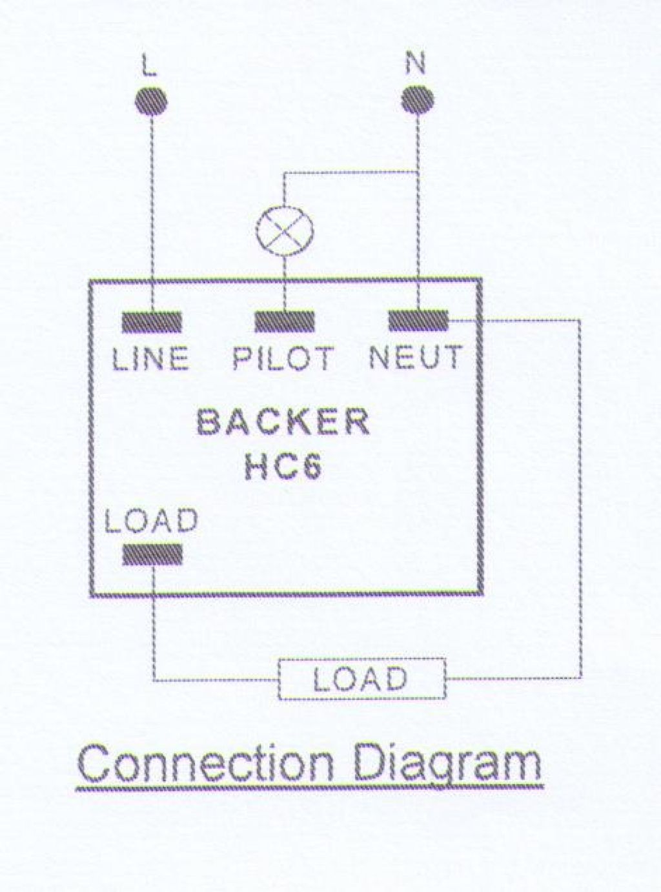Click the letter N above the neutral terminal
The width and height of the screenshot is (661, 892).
tap(415, 64)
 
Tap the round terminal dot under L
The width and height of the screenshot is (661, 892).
tap(151, 100)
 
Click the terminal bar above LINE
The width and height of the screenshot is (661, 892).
tap(152, 321)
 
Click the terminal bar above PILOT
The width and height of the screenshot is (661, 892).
tap(285, 321)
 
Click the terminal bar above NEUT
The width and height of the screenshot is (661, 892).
tap(418, 321)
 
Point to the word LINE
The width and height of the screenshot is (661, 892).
tap(150, 358)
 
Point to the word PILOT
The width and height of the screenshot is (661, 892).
tap(283, 358)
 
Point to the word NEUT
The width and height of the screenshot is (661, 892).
tap(415, 357)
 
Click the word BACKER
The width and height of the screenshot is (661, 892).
tap(283, 423)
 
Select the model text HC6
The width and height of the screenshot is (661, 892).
tap(283, 468)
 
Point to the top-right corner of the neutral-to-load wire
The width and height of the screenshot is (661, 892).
tap(580, 321)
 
